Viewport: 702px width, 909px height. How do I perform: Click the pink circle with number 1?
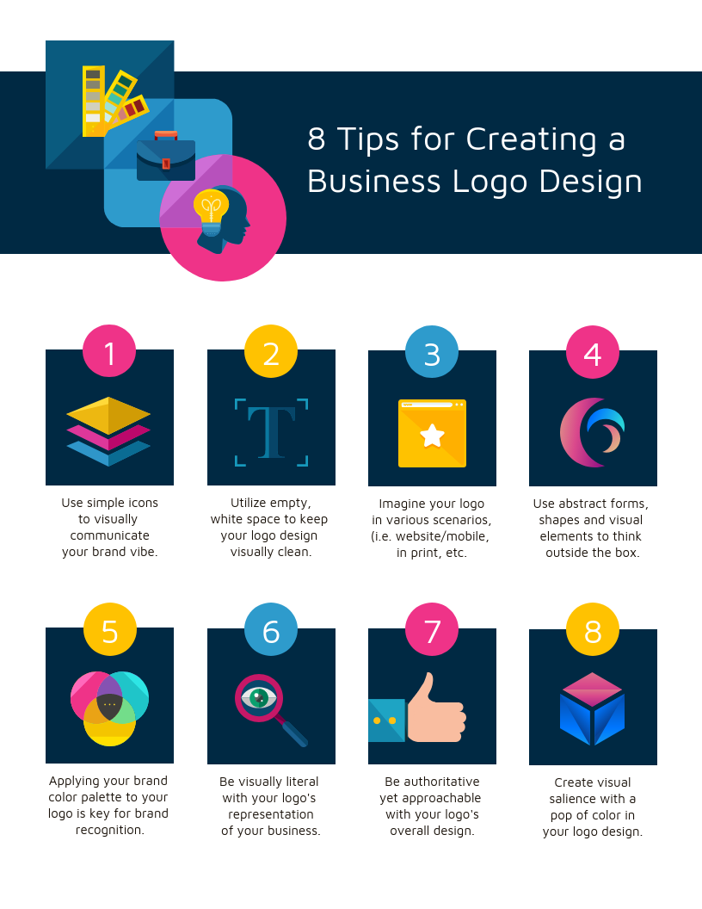coord(109,351)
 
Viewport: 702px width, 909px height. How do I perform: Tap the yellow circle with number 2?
coord(270,351)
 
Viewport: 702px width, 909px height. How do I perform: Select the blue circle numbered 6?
coord(270,629)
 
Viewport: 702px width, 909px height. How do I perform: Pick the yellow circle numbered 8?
coord(593,629)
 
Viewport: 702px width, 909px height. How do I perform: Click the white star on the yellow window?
coord(432,436)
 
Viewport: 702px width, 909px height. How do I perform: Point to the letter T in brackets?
coord(272,432)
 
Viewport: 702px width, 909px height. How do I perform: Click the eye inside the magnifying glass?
coord(259,697)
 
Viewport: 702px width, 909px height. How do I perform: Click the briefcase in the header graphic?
coord(166,156)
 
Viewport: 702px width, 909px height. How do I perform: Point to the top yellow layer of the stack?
coord(108,415)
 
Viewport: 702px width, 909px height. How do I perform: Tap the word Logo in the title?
coord(490,182)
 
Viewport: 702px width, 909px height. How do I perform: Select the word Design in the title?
coord(591,182)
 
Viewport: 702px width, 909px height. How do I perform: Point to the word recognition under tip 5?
coord(109,830)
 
